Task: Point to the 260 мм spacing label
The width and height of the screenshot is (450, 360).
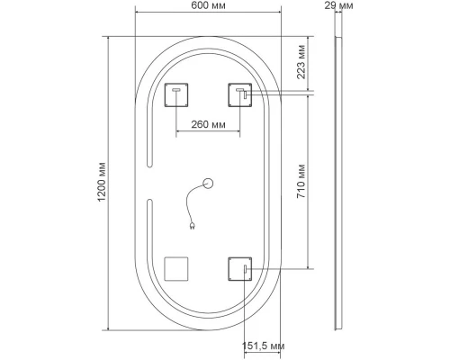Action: [208, 125]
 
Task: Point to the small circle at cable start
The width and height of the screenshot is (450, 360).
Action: [209, 184]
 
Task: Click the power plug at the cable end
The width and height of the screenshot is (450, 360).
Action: [192, 228]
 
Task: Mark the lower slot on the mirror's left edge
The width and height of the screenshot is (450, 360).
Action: [148, 220]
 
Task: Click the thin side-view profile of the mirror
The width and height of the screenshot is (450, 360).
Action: [338, 180]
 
